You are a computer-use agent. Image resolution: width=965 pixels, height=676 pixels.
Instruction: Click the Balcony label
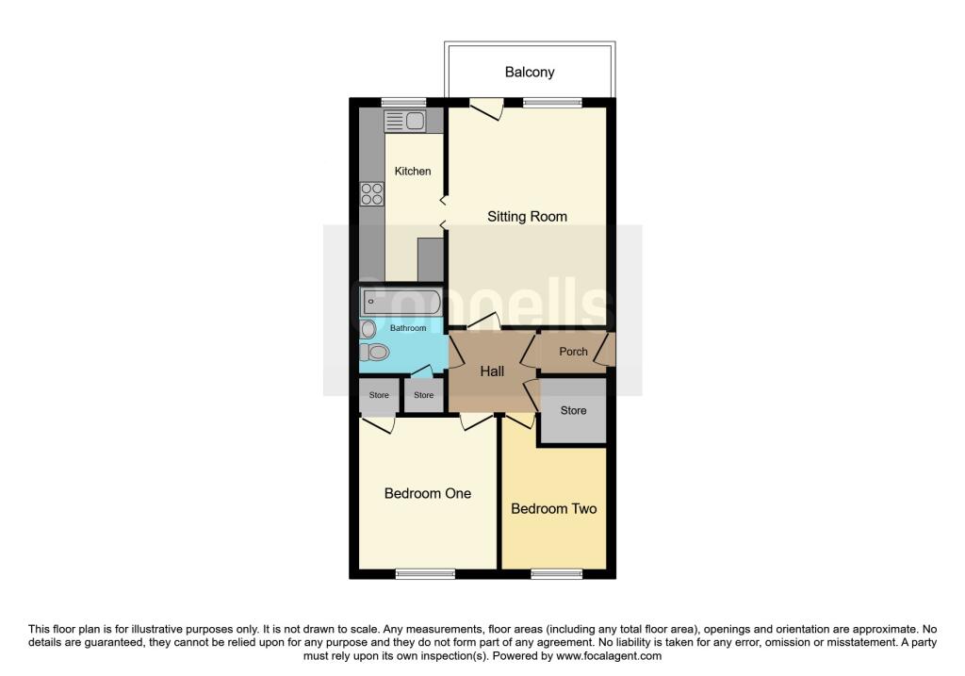529,72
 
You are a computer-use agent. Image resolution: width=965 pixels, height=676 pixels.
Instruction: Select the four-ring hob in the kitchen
371,193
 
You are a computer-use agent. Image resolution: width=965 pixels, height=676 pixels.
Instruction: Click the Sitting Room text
527,216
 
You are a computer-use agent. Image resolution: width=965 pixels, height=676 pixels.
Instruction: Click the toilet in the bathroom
374,353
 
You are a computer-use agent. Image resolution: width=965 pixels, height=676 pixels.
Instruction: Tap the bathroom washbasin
366,328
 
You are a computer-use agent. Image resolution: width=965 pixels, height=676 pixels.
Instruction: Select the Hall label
492,371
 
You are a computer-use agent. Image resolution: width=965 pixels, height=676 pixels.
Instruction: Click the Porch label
573,352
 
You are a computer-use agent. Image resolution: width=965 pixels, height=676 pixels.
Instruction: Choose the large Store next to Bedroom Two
573,410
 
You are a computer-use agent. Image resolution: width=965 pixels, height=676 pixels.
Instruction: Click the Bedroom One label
427,493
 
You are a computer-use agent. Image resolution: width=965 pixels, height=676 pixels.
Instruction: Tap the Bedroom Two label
553,508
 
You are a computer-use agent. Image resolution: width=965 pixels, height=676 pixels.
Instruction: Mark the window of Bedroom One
423,573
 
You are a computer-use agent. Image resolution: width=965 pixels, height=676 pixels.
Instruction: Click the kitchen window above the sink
402,102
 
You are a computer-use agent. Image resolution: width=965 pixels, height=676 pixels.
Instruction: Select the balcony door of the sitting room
486,107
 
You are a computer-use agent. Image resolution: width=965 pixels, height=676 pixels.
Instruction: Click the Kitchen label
412,171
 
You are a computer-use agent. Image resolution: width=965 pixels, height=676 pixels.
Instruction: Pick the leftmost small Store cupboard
378,396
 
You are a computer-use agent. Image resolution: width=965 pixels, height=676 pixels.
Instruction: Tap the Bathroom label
408,328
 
